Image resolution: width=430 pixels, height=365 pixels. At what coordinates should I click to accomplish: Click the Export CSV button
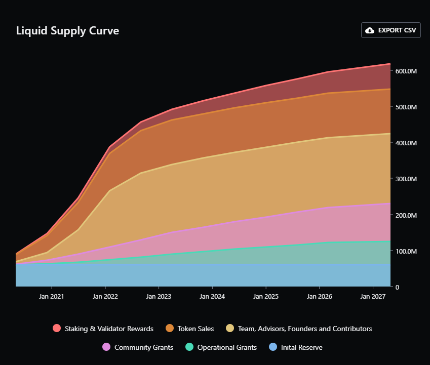(390, 30)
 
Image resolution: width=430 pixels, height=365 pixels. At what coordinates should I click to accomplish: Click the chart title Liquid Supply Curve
(67, 31)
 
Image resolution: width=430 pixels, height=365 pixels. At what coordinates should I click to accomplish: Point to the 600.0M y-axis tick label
(406, 71)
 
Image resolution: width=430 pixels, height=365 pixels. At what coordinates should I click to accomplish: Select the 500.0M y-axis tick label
(406, 107)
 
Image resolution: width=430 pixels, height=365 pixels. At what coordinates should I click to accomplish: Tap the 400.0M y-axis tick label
(406, 143)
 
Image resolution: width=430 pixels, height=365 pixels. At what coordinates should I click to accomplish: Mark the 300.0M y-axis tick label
(406, 179)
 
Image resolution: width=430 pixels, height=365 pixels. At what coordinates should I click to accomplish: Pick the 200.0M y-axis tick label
(406, 215)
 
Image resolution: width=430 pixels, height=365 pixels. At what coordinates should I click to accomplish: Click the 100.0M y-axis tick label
(406, 251)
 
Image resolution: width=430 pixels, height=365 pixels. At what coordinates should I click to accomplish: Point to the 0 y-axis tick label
(398, 287)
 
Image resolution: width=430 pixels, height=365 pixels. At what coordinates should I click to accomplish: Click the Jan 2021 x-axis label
(52, 296)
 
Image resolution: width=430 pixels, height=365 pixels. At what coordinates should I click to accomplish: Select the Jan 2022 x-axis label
(105, 296)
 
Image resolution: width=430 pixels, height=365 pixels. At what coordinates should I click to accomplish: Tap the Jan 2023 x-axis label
(159, 296)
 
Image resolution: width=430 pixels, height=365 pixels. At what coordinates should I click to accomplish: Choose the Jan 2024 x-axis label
(212, 296)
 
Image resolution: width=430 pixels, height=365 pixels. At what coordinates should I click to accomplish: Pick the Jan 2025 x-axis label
(265, 296)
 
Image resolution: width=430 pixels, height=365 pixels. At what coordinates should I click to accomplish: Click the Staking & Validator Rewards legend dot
(57, 329)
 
